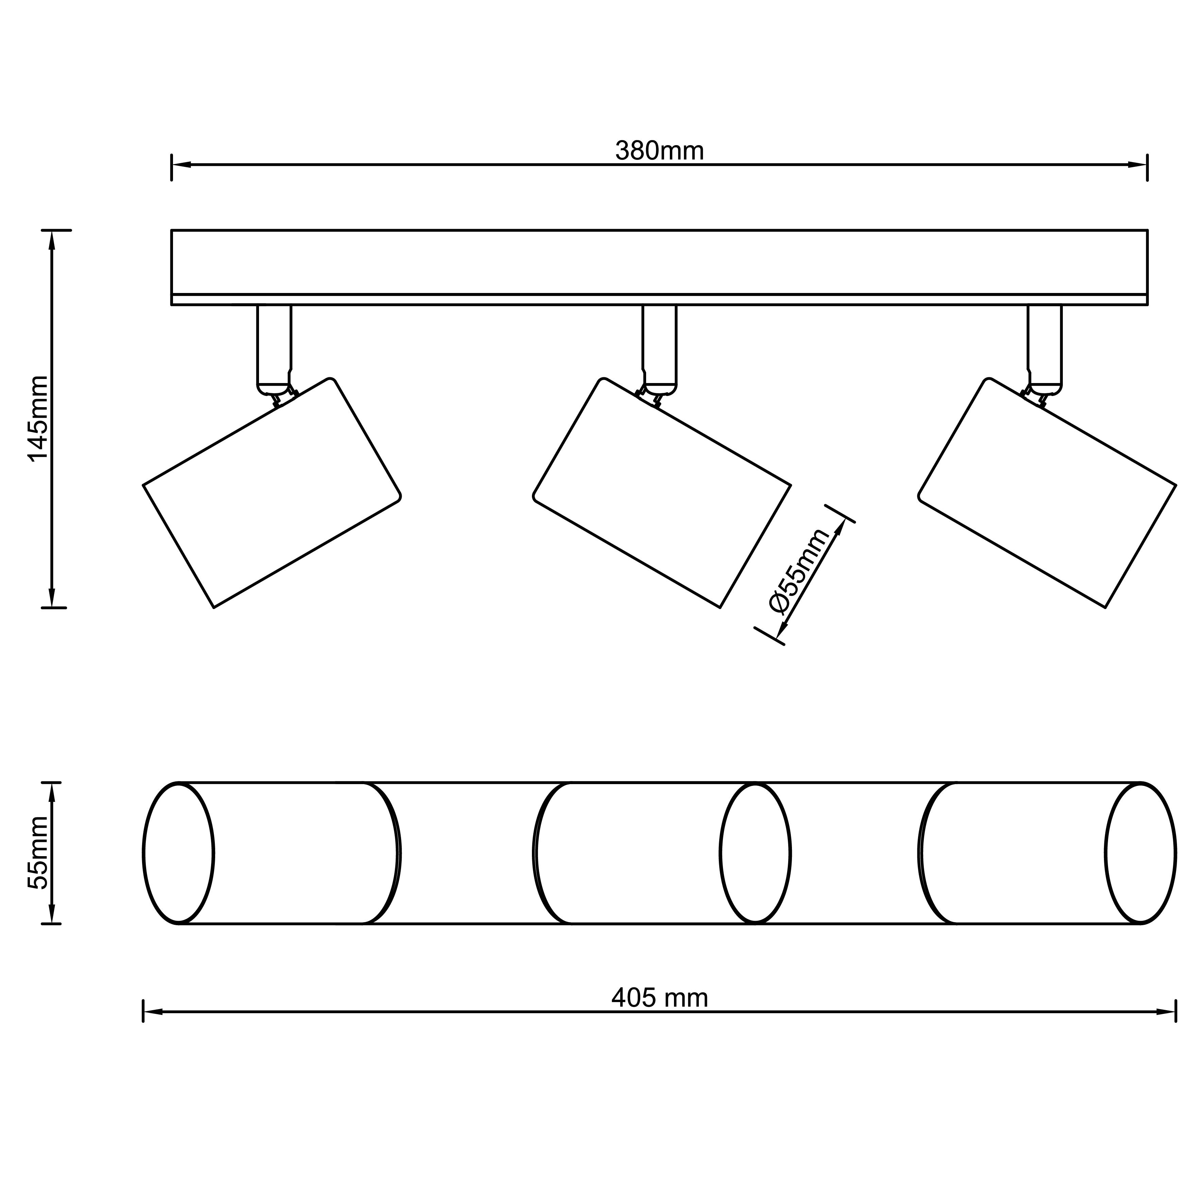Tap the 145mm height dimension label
pyautogui.click(x=38, y=418)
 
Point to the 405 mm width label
pyautogui.click(x=659, y=998)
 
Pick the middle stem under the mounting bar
pyautogui.click(x=659, y=346)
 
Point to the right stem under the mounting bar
pyautogui.click(x=1045, y=346)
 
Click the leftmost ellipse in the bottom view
pyautogui.click(x=178, y=853)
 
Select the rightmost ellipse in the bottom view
pyautogui.click(x=1140, y=853)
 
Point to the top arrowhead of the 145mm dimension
pyautogui.click(x=52, y=240)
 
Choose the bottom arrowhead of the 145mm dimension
pyautogui.click(x=52, y=598)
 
